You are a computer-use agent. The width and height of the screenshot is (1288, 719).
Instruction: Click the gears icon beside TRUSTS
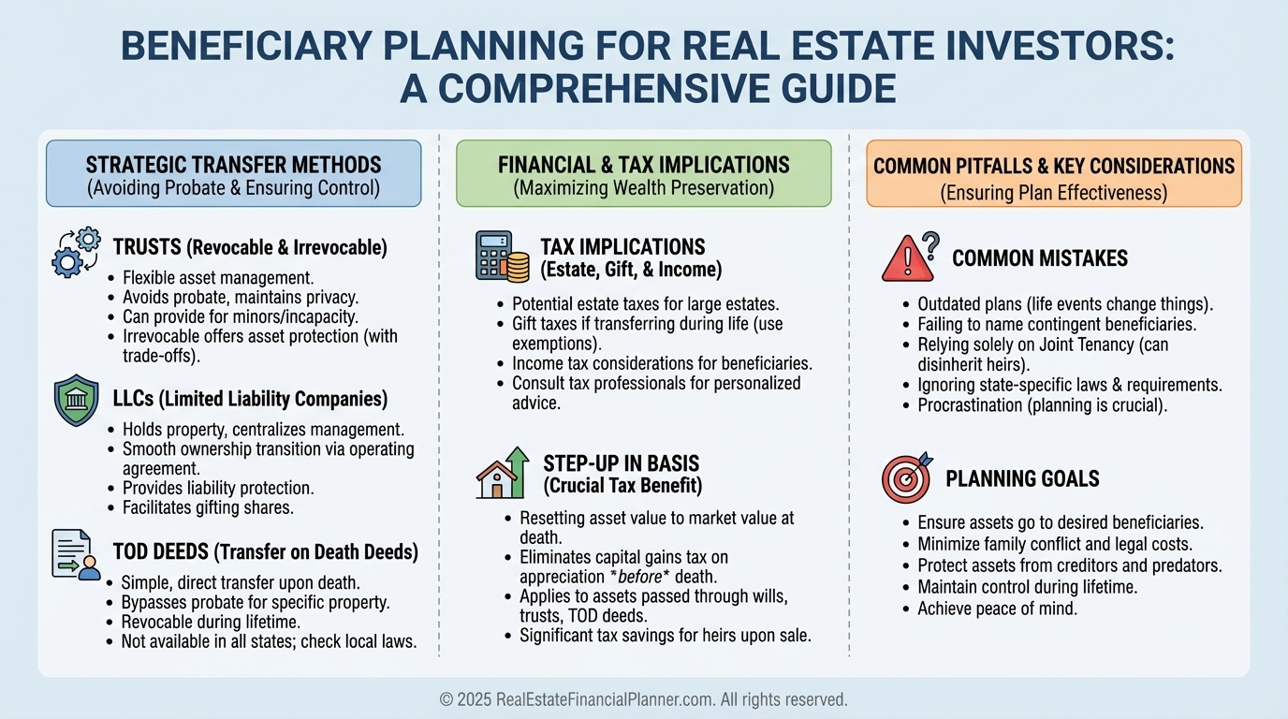(76, 253)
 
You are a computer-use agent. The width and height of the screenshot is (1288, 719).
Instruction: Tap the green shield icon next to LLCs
(76, 401)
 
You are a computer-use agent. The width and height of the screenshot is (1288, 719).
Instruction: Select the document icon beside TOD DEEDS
(76, 554)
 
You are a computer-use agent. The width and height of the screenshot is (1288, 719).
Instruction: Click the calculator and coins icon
(502, 257)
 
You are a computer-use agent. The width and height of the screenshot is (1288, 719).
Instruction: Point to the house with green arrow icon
(503, 473)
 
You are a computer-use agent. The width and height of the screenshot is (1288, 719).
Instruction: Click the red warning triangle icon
(911, 257)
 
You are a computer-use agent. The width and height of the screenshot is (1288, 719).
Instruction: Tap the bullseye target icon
(907, 477)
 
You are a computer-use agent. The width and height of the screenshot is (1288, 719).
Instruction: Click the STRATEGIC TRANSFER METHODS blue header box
(233, 173)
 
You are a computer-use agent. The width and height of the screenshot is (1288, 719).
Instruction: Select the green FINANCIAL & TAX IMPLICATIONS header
(643, 173)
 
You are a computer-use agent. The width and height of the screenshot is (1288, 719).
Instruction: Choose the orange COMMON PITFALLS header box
(1054, 173)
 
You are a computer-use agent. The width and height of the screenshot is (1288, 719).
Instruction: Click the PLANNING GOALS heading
(1022, 478)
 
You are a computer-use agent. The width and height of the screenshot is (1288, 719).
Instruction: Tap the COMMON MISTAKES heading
(1040, 258)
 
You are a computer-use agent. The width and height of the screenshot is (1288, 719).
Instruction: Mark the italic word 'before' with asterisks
(639, 577)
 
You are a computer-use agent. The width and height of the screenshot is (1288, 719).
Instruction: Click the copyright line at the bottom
(643, 699)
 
